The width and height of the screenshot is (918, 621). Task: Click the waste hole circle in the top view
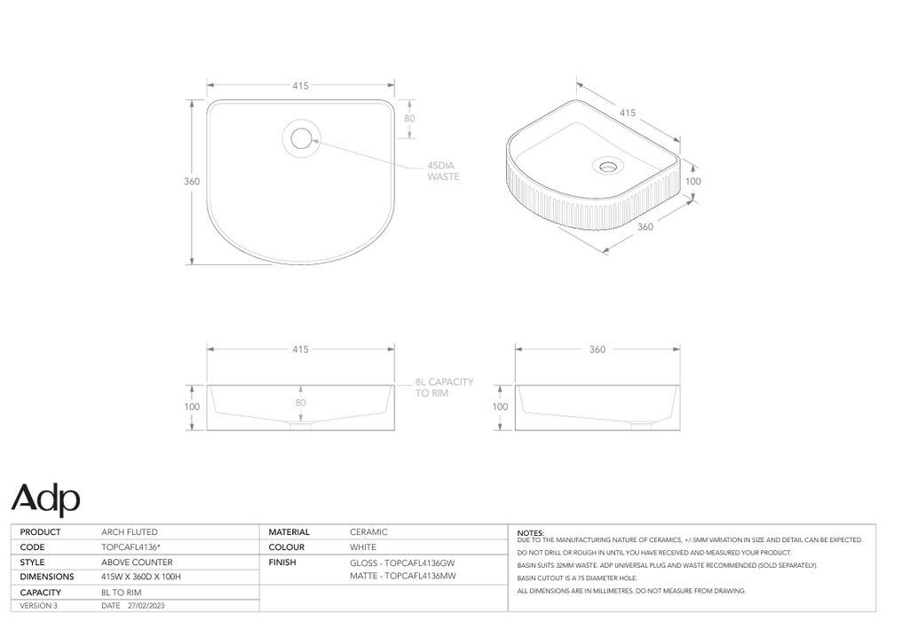point(301,138)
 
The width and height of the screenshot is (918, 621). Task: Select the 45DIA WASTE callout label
point(443,171)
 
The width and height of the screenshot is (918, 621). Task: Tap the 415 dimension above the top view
point(300,86)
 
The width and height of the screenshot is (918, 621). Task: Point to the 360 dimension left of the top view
point(192,182)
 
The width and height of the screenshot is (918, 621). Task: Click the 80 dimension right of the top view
point(409,118)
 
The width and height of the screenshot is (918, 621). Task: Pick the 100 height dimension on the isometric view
point(693,181)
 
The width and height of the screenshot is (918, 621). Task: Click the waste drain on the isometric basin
point(609,166)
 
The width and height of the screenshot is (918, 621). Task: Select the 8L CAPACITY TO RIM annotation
point(444,387)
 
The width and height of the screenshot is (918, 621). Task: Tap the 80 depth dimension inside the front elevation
point(300,403)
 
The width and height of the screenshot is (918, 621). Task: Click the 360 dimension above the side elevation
point(597,350)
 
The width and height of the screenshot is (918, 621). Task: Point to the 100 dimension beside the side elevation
point(500,407)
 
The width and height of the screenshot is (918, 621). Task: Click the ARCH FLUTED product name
point(130,532)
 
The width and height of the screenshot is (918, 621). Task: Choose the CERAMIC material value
point(368,532)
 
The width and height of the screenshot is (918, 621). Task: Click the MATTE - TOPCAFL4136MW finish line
point(403,577)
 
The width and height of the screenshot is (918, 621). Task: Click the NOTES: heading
point(530,532)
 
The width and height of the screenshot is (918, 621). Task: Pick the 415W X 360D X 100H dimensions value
point(141,577)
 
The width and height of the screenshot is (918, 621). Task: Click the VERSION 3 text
point(39,606)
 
